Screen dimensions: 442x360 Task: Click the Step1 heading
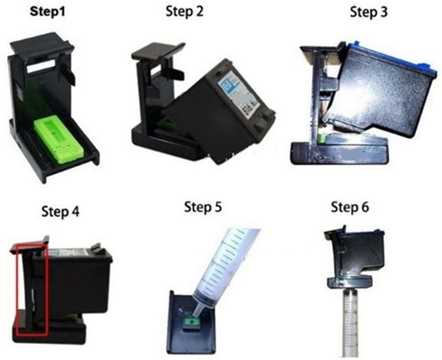tap(48, 11)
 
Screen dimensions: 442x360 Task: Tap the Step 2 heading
tap(185, 11)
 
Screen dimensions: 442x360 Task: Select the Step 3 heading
tap(369, 12)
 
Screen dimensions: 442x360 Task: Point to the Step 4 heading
tap(60, 211)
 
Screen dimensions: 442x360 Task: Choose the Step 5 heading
tap(203, 207)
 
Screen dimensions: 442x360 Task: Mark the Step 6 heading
tap(350, 207)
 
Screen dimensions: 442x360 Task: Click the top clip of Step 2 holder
tap(157, 52)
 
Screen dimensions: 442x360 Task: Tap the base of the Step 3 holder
tap(338, 153)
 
